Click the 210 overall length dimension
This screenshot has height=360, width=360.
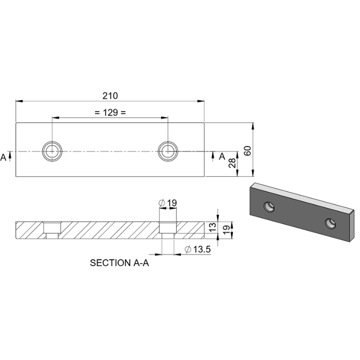click(110, 96)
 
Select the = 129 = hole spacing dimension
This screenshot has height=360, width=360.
click(110, 112)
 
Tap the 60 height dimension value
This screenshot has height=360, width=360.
click(247, 151)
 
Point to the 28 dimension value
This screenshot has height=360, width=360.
click(232, 163)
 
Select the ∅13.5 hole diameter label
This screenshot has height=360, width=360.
click(198, 249)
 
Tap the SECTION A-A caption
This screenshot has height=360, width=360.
click(119, 263)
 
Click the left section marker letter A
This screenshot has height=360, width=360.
click(4, 157)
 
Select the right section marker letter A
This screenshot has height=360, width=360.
click(221, 157)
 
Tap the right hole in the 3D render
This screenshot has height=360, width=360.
click(331, 222)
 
